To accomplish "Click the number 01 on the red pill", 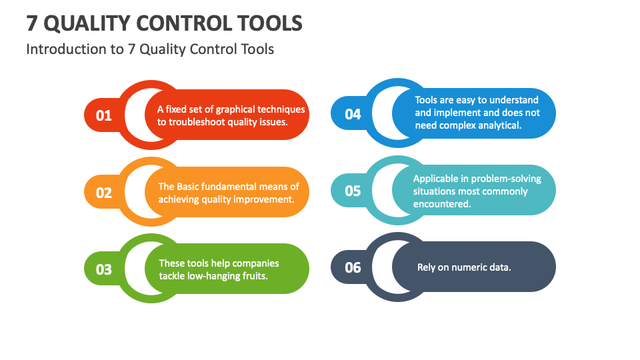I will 104,115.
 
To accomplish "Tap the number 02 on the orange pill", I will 104,193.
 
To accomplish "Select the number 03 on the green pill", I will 104,269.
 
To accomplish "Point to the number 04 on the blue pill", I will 353,114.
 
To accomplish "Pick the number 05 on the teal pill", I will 353,191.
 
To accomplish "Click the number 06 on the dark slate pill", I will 353,267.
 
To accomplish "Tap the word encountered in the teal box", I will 442,204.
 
